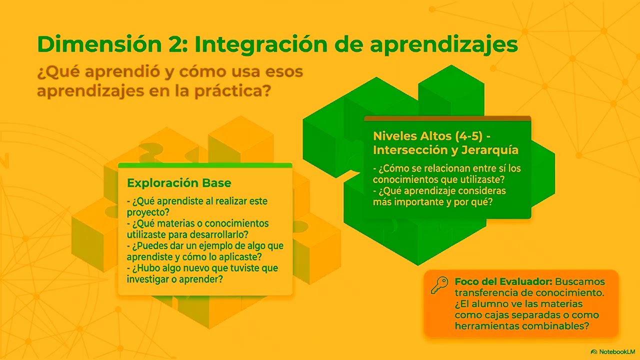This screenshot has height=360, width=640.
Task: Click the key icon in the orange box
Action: tap(439, 285)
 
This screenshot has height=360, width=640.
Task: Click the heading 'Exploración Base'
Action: tap(179, 183)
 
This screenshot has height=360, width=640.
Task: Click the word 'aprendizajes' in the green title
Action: tap(443, 45)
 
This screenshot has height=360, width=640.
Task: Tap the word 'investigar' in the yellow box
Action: tap(148, 279)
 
